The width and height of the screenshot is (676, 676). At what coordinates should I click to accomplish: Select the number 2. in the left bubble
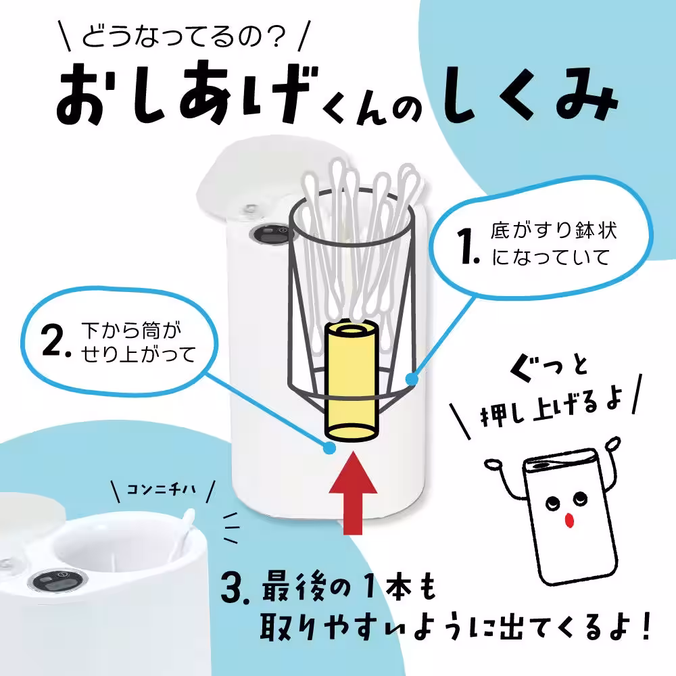pyautogui.click(x=58, y=343)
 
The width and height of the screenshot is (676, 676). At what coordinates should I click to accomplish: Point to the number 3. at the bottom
pyautogui.click(x=237, y=589)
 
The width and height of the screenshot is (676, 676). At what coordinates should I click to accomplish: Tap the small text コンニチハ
pyautogui.click(x=162, y=489)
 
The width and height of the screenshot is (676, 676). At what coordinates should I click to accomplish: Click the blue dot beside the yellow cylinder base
pyautogui.click(x=329, y=447)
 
